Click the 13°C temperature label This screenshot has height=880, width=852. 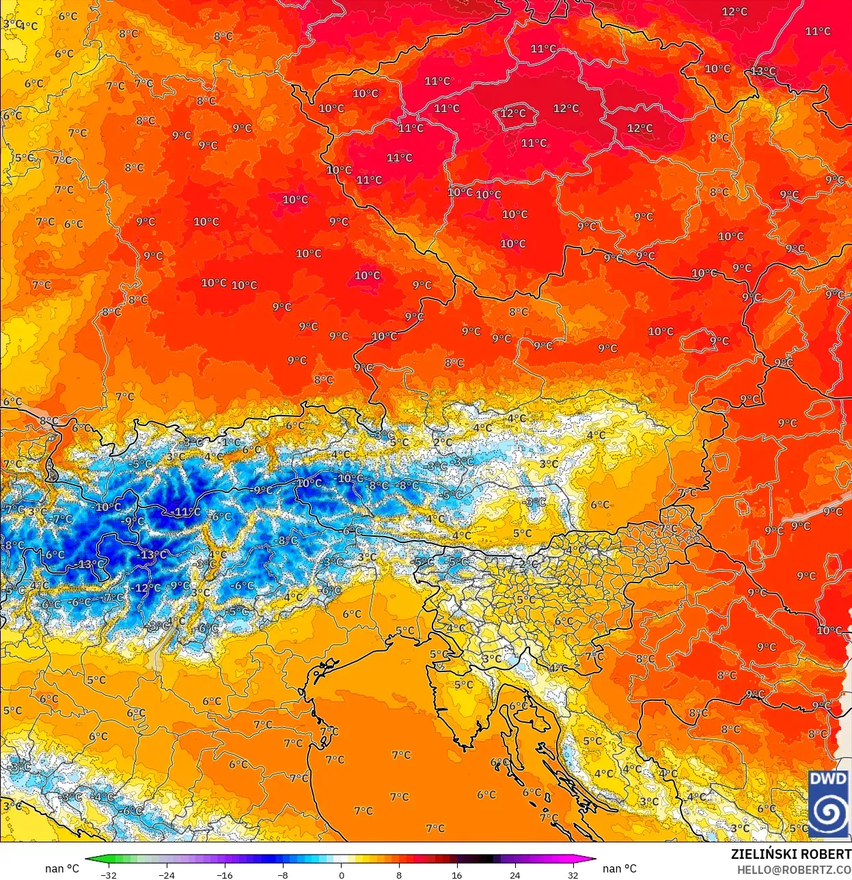[763, 71]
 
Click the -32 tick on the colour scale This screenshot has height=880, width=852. [108, 875]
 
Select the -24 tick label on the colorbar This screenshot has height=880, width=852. [166, 875]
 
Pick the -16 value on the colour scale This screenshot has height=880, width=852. [224, 875]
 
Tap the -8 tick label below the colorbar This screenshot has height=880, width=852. [283, 875]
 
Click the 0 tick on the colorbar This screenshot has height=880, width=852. [341, 875]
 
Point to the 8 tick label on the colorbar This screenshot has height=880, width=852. [399, 875]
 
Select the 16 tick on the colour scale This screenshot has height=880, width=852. [456, 875]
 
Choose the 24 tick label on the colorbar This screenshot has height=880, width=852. [514, 875]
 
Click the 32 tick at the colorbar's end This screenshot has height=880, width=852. [573, 875]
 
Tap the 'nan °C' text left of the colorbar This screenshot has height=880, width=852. [62, 868]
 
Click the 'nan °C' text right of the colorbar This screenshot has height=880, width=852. [620, 868]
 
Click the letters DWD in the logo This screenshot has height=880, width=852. [828, 779]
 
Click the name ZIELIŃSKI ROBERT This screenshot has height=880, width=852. [791, 854]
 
